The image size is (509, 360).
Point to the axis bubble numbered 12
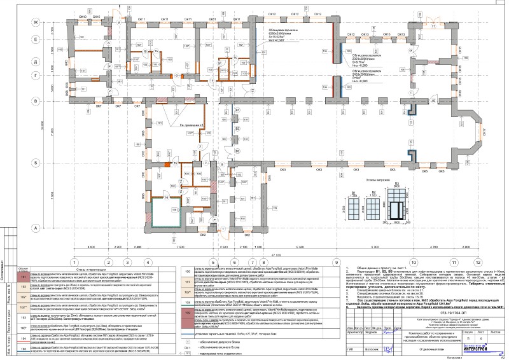click(x=453, y=261)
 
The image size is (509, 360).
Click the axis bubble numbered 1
click(x=74, y=261)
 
